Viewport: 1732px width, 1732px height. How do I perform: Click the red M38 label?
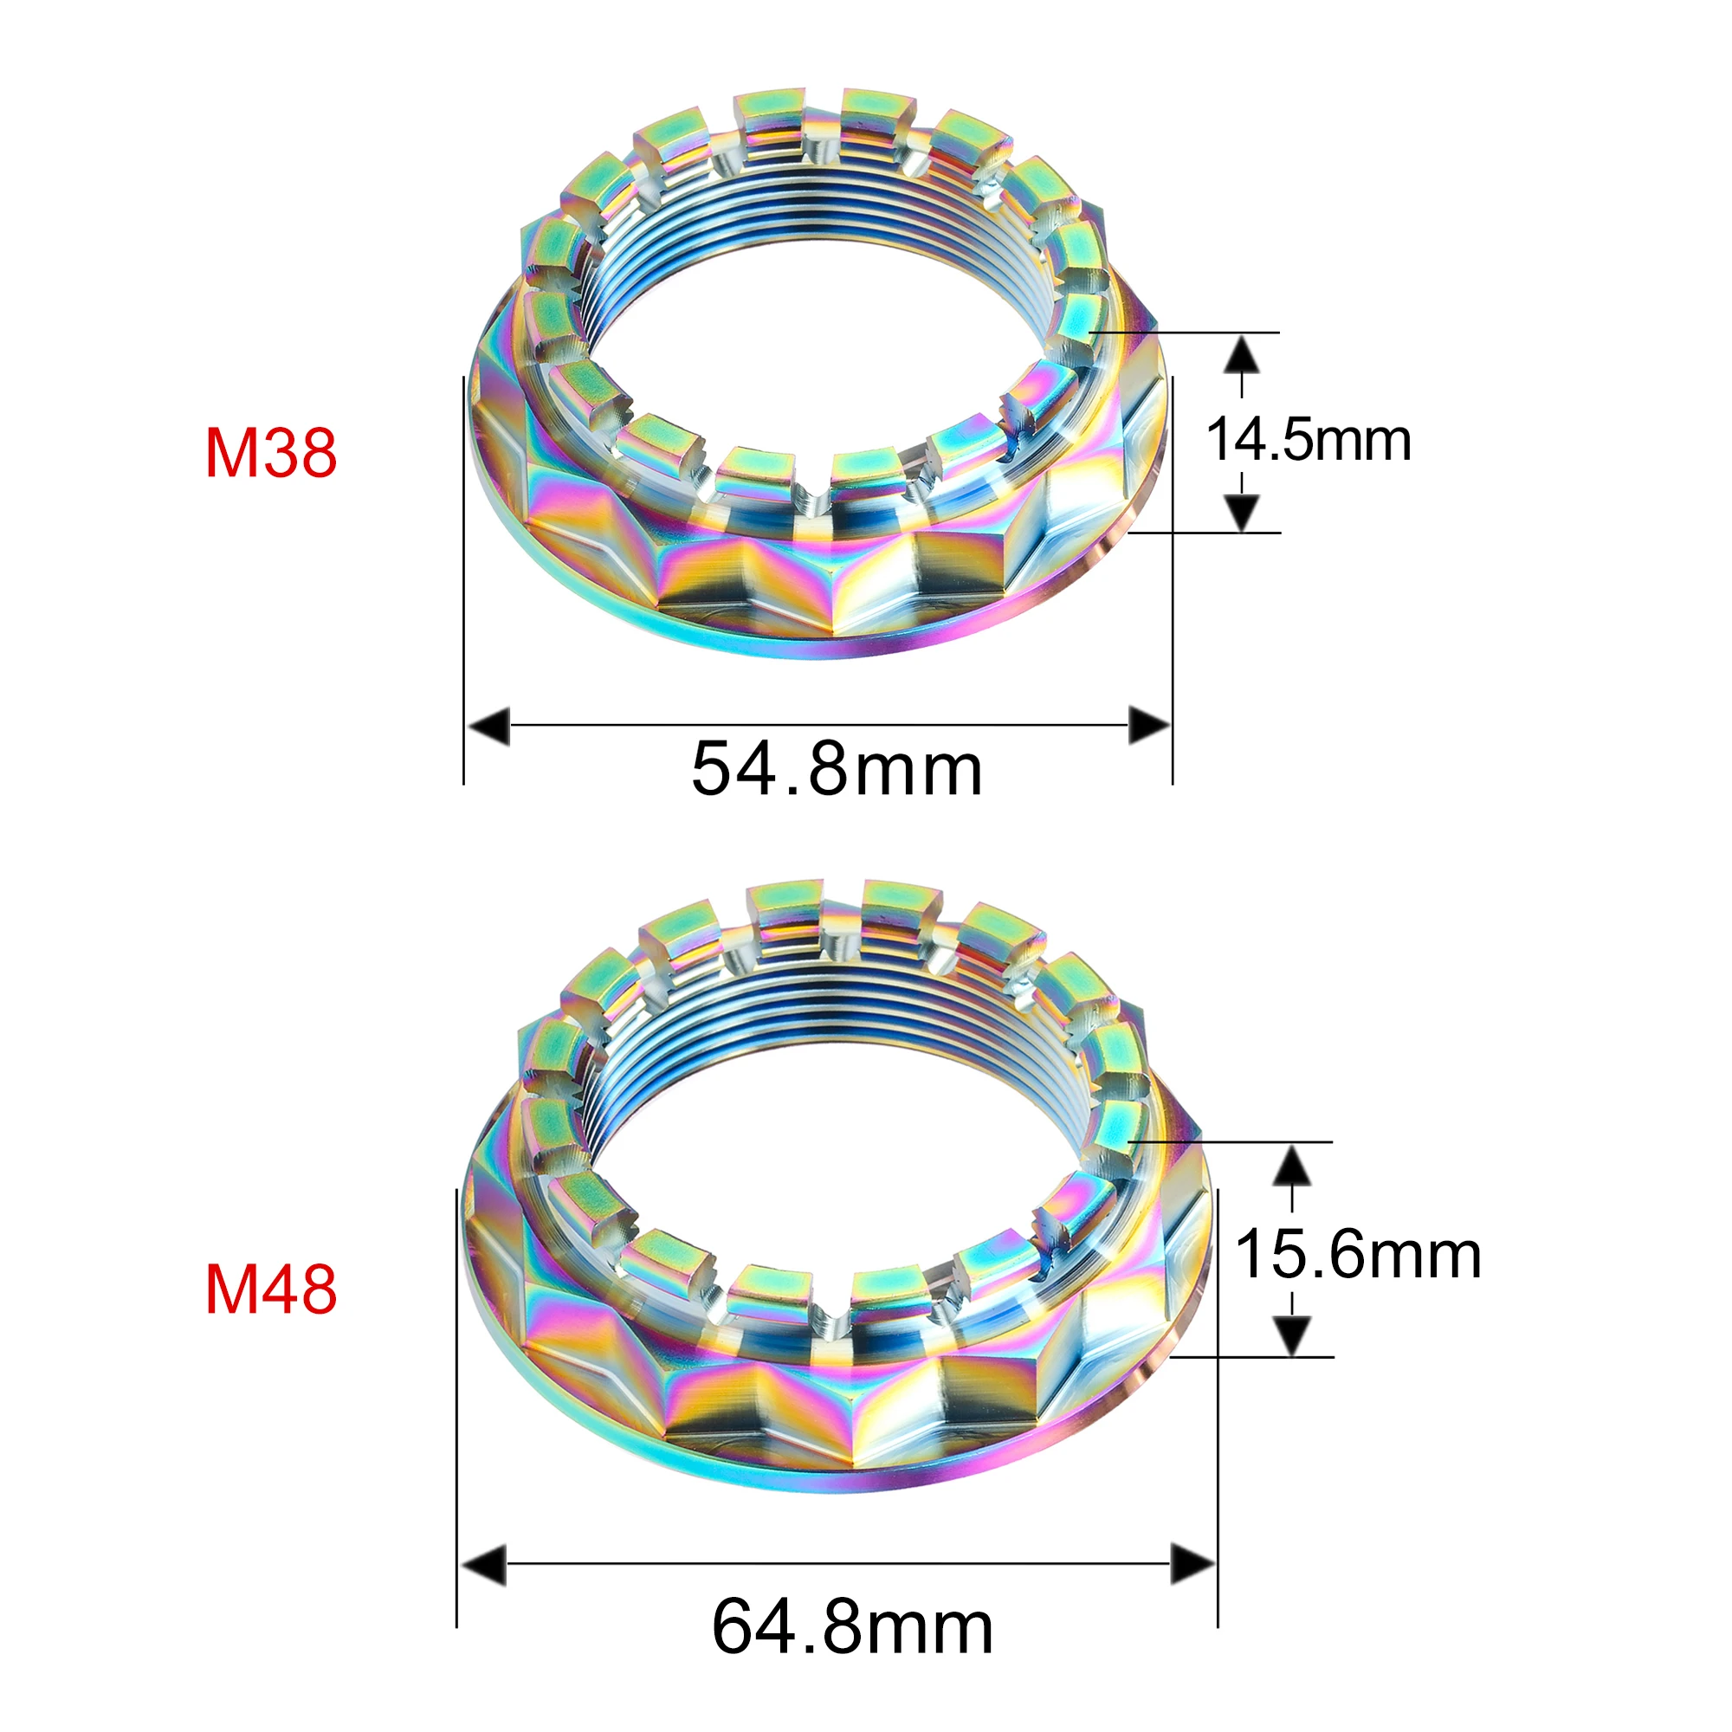[x=271, y=453]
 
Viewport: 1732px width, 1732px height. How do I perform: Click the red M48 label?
[x=271, y=1290]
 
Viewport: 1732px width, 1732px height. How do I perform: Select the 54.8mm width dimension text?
[x=837, y=768]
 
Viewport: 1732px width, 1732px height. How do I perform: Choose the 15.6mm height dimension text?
[x=1357, y=1254]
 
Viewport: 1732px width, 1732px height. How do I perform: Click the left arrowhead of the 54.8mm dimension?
[x=488, y=725]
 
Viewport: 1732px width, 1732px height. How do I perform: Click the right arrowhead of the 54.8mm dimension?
[x=1149, y=725]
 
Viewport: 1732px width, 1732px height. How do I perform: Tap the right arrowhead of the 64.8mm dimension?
[x=1193, y=1565]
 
